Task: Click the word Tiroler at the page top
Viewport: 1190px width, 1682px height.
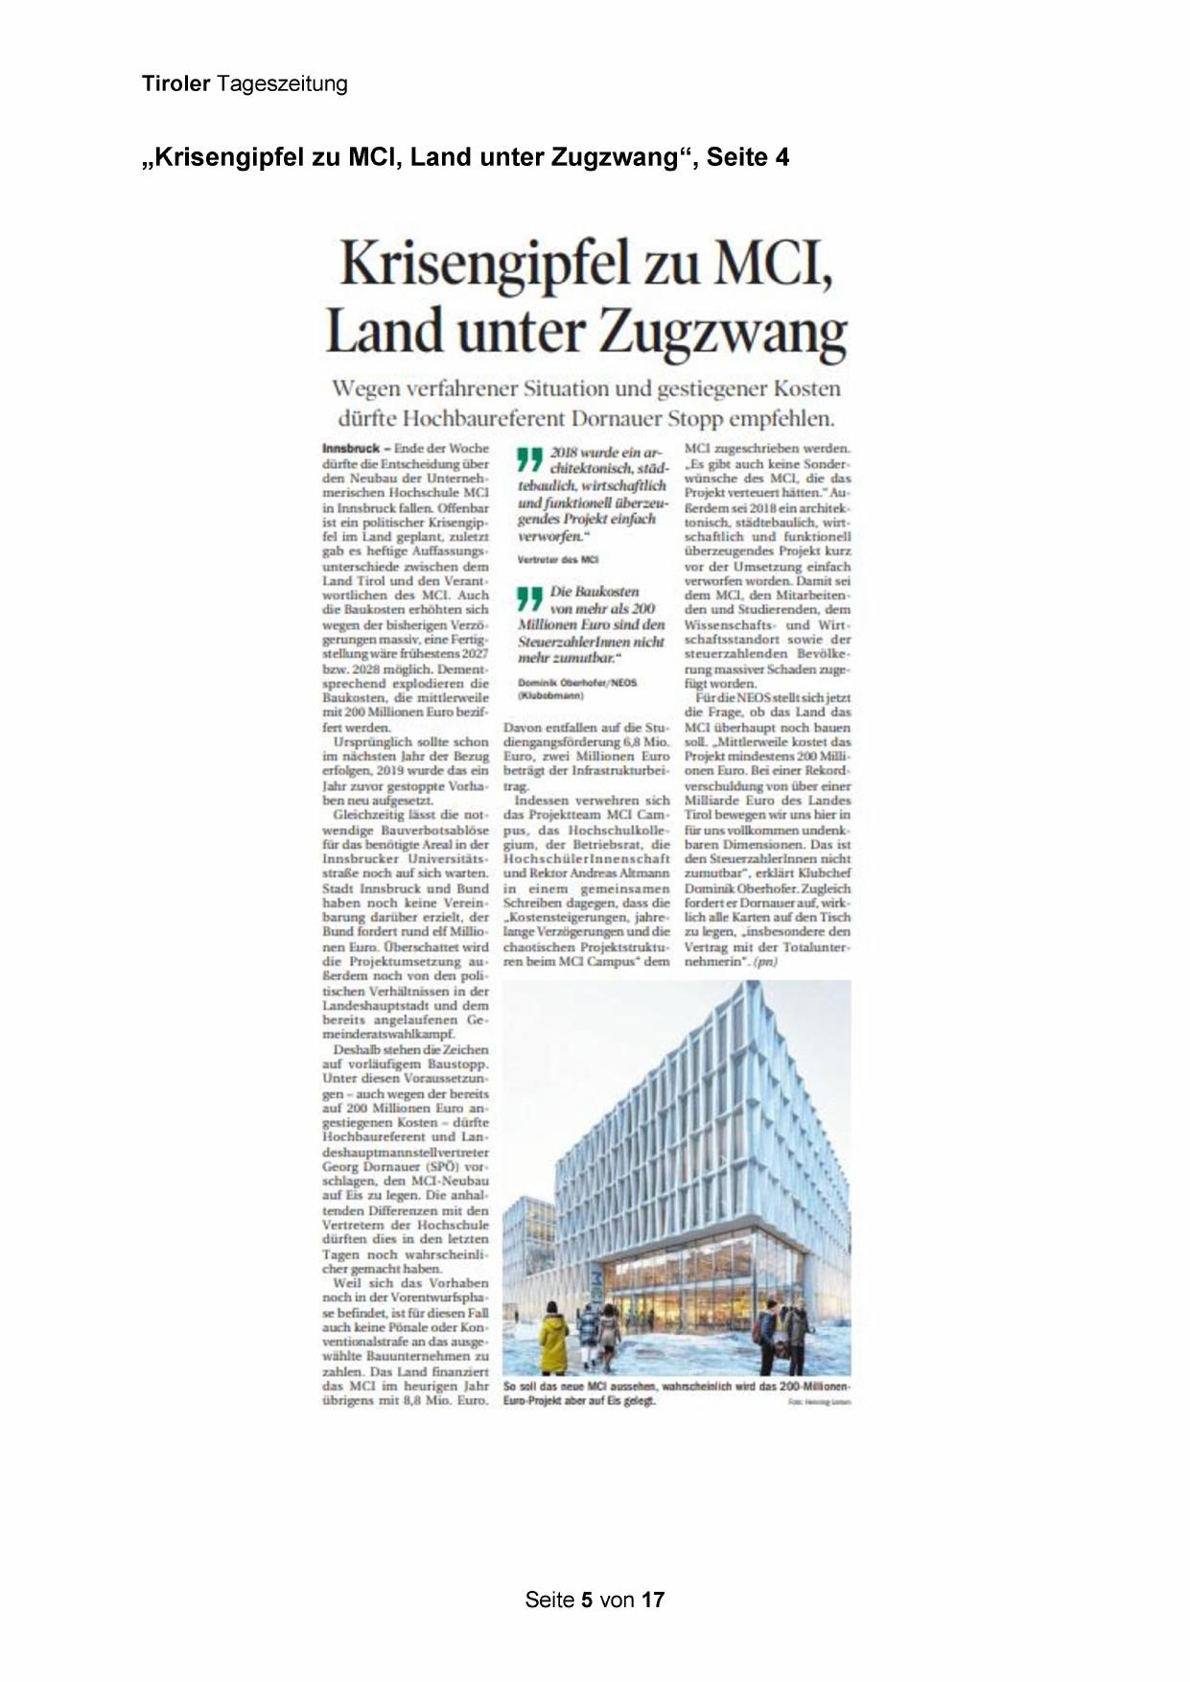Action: click(x=175, y=84)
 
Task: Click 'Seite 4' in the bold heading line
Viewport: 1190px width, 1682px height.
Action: click(x=748, y=157)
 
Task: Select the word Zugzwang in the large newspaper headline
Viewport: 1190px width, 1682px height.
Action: click(x=722, y=333)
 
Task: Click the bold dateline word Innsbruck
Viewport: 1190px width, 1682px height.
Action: click(x=351, y=449)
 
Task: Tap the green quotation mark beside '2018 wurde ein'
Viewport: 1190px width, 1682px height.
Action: click(x=530, y=459)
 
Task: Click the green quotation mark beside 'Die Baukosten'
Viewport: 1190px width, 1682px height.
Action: click(x=530, y=599)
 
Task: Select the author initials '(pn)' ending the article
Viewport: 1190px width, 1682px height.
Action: click(x=765, y=961)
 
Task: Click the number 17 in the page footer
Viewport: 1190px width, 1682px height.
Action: click(x=653, y=1600)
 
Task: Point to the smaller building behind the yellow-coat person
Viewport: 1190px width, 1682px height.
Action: click(x=526, y=1247)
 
